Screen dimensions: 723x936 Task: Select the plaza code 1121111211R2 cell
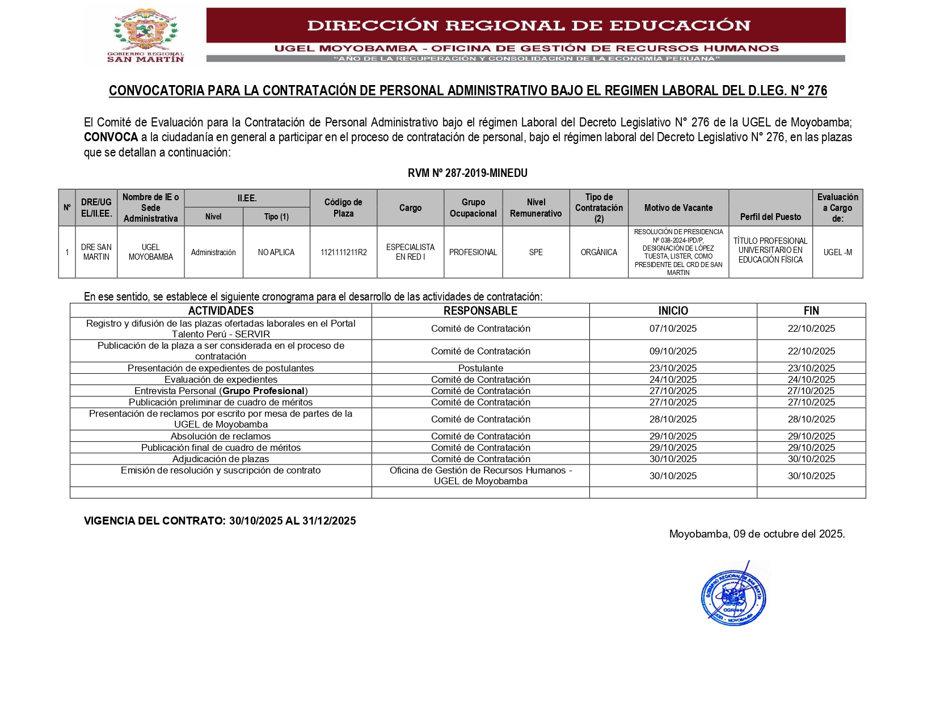pyautogui.click(x=343, y=252)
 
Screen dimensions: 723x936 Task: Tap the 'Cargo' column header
pyautogui.click(x=410, y=208)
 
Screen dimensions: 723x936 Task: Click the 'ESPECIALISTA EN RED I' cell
pyautogui.click(x=410, y=252)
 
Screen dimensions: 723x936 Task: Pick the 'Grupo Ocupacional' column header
pyautogui.click(x=473, y=208)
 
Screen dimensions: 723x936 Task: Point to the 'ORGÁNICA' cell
pyautogui.click(x=598, y=252)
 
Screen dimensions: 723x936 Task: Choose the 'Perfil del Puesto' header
pyautogui.click(x=770, y=217)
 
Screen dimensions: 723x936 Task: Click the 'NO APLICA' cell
pyautogui.click(x=276, y=252)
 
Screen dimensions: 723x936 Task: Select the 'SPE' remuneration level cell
pyautogui.click(x=536, y=252)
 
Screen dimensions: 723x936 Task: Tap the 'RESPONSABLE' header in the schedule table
pyautogui.click(x=480, y=311)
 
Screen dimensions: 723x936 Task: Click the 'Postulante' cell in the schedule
pyautogui.click(x=480, y=368)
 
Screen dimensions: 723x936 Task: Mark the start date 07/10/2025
pyautogui.click(x=673, y=328)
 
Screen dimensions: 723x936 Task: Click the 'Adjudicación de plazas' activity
pyautogui.click(x=221, y=459)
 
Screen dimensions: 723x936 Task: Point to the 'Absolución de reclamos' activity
pyautogui.click(x=221, y=436)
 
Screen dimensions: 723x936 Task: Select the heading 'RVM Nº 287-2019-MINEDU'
pyautogui.click(x=467, y=173)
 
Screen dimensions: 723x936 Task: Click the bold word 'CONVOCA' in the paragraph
pyautogui.click(x=111, y=137)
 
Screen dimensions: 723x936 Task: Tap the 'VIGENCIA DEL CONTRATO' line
pyautogui.click(x=220, y=521)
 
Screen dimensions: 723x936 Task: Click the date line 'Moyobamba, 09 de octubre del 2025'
pyautogui.click(x=757, y=534)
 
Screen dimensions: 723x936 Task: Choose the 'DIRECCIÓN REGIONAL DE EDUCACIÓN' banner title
pyautogui.click(x=528, y=26)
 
